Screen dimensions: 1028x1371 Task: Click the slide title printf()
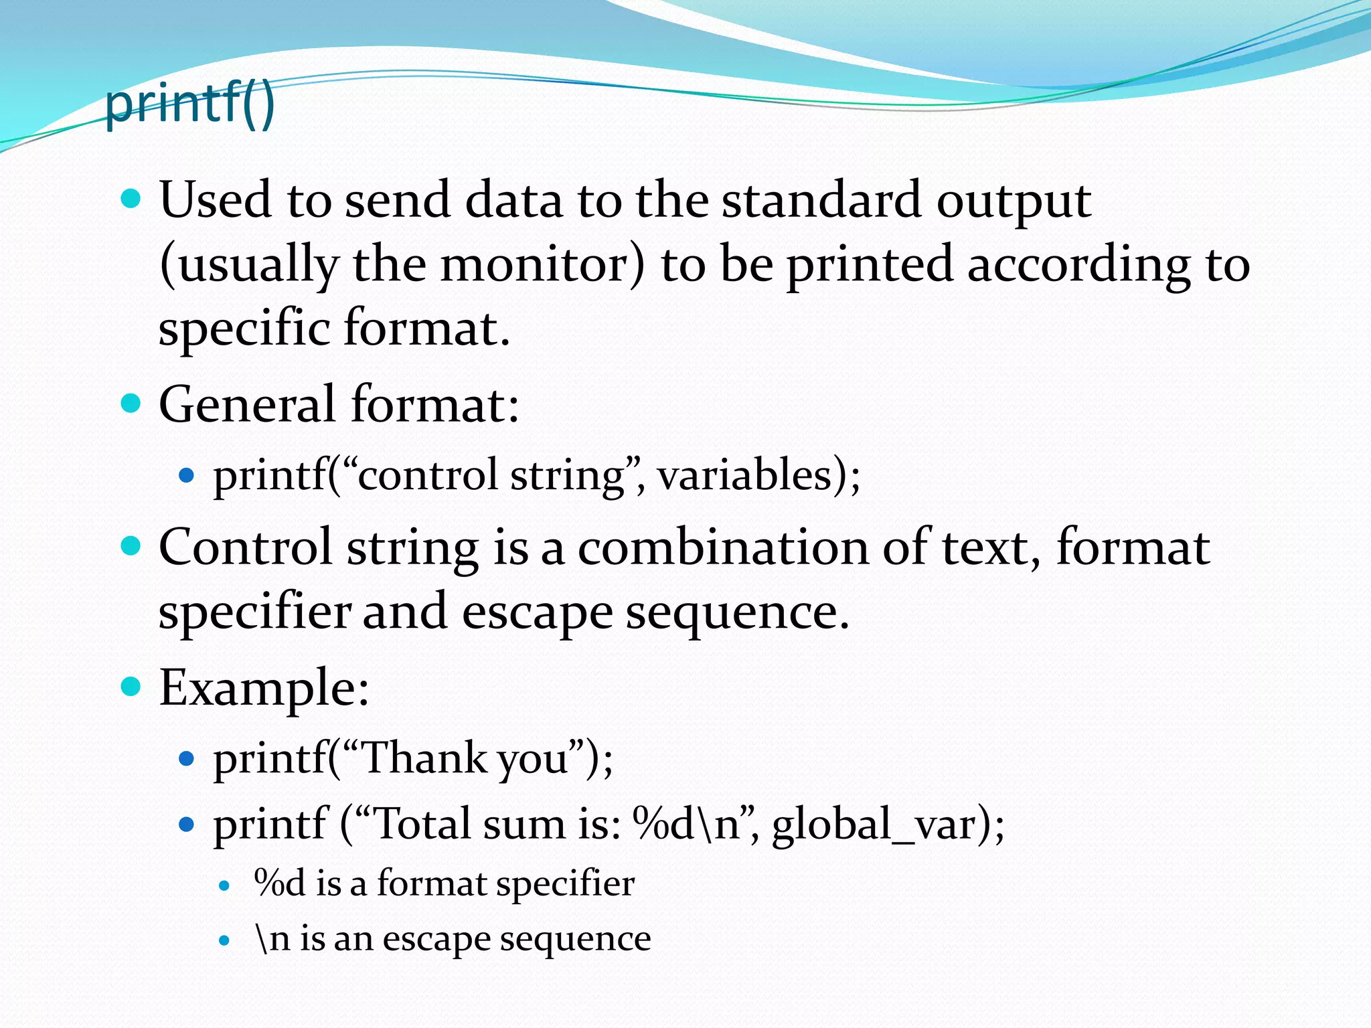point(190,104)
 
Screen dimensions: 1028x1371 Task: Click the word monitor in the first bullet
point(542,264)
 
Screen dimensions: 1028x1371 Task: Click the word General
point(247,404)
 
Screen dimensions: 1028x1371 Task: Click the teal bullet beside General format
point(131,403)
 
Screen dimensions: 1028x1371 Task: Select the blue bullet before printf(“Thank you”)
point(187,759)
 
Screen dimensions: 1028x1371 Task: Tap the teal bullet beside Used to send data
point(131,199)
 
